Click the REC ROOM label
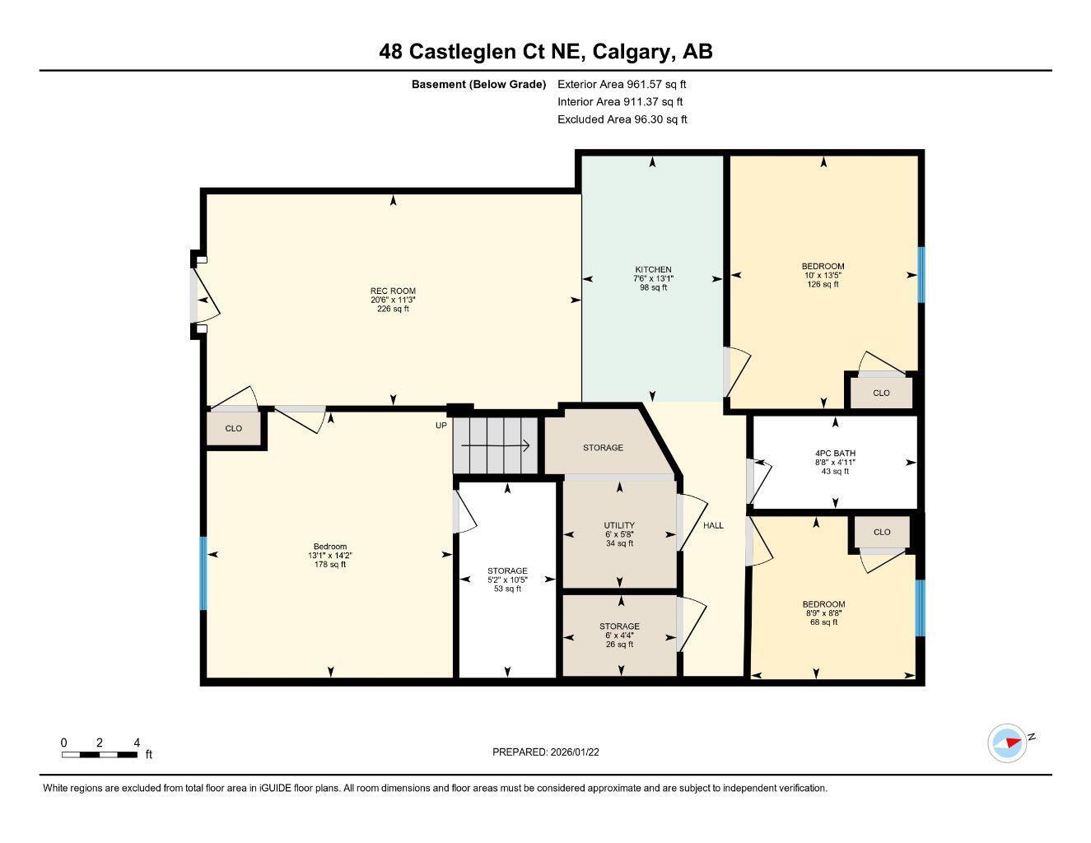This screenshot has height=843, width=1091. [x=393, y=291]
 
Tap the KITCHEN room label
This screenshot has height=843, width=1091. [x=653, y=270]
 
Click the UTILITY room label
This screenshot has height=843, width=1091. [x=619, y=525]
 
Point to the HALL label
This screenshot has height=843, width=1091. [x=713, y=525]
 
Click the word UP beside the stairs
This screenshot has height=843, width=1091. [x=441, y=426]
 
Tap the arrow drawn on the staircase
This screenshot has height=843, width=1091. [x=495, y=446]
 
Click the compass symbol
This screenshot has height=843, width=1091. [x=1006, y=743]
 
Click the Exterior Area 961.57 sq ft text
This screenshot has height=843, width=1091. [x=622, y=84]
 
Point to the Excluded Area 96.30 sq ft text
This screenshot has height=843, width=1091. [x=622, y=119]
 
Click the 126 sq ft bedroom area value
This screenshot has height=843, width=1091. [x=823, y=284]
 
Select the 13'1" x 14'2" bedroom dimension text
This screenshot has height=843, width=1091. [x=330, y=556]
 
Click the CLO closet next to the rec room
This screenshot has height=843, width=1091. [x=234, y=428]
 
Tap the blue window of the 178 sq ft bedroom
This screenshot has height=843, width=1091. [x=203, y=573]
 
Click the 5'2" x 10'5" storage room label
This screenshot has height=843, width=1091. [x=507, y=580]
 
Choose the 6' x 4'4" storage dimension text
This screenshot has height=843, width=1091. [x=619, y=636]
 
